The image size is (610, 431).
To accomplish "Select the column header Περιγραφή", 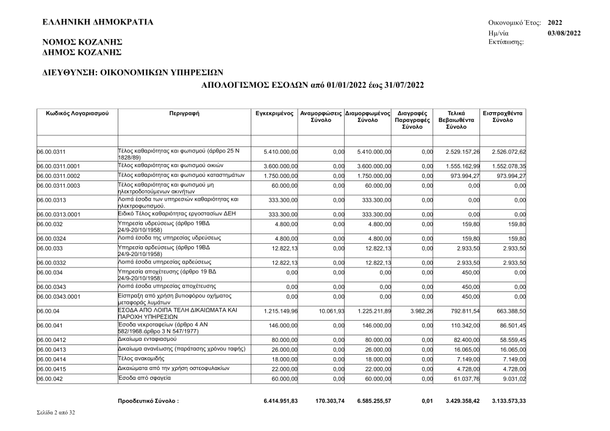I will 184,114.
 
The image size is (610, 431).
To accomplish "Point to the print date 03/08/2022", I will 564,32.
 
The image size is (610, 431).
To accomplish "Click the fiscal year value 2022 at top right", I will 555,23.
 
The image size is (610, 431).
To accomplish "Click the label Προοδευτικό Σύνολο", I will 148,401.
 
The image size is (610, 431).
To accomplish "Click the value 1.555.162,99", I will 458,166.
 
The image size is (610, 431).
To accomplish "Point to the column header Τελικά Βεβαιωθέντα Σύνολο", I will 456,121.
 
